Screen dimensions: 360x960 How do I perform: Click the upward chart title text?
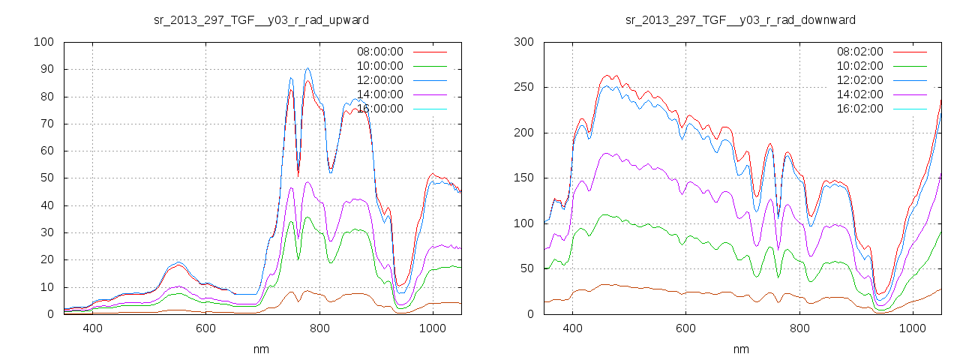260,19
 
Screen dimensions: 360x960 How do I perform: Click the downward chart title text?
740,19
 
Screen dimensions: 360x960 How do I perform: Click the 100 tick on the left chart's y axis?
43,42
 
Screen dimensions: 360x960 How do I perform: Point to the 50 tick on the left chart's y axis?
46,178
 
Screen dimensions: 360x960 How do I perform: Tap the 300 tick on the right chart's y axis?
523,42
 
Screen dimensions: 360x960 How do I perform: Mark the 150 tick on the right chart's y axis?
523,178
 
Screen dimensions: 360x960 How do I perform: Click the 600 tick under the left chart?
206,328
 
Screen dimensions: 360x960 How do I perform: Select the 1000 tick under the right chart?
913,328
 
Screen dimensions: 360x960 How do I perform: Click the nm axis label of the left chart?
261,349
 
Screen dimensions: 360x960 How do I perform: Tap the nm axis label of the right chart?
741,349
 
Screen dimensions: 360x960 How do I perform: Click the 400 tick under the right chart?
573,328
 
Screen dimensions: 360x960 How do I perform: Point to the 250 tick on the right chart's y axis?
523,87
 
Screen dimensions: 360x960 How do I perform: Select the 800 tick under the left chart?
319,328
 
